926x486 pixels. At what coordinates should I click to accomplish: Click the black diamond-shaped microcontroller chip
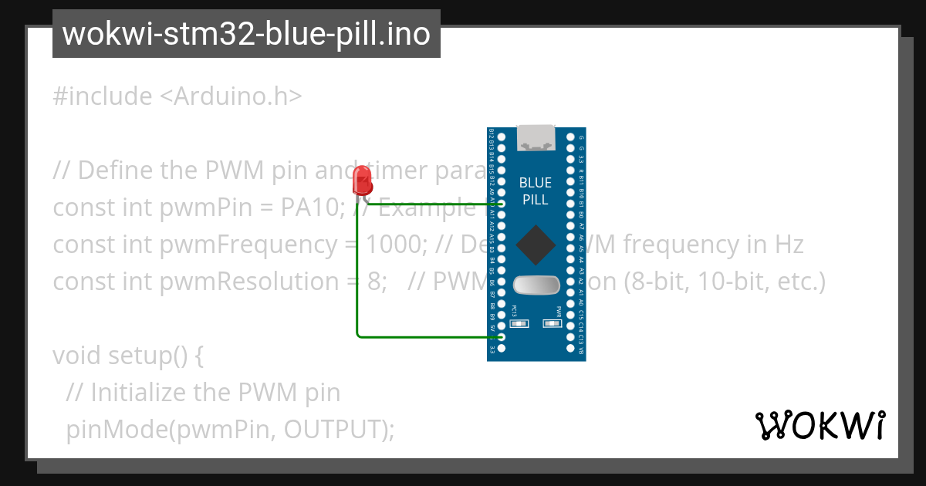pyautogui.click(x=536, y=245)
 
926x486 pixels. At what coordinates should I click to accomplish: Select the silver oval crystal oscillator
pyautogui.click(x=536, y=285)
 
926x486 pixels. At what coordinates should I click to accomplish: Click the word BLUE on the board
pyautogui.click(x=536, y=183)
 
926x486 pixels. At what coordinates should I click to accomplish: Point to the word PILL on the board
pyautogui.click(x=536, y=200)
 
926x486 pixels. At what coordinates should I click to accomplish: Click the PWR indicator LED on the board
pyautogui.click(x=552, y=323)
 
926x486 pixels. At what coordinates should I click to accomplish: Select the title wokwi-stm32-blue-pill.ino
pyautogui.click(x=246, y=35)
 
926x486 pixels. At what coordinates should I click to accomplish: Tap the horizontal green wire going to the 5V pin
pyautogui.click(x=428, y=336)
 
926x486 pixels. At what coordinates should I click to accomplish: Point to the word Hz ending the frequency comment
pyautogui.click(x=789, y=245)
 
